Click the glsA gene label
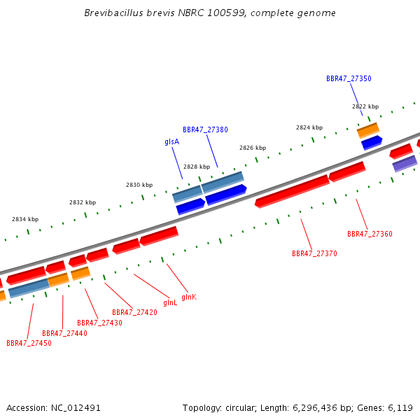(172, 141)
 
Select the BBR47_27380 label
(205, 129)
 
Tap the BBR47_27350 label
(349, 78)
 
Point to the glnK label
(189, 297)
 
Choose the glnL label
(170, 302)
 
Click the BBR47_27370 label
(314, 253)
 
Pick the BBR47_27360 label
(370, 234)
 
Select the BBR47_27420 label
(134, 312)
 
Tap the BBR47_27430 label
(99, 323)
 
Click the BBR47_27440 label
(65, 333)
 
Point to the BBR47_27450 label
(29, 343)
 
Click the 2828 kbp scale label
(197, 167)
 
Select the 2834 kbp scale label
(25, 219)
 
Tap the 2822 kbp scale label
(365, 106)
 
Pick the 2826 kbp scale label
(253, 148)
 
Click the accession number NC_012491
(76, 408)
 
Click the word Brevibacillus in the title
(114, 13)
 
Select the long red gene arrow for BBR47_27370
(292, 191)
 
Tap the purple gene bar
(405, 164)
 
